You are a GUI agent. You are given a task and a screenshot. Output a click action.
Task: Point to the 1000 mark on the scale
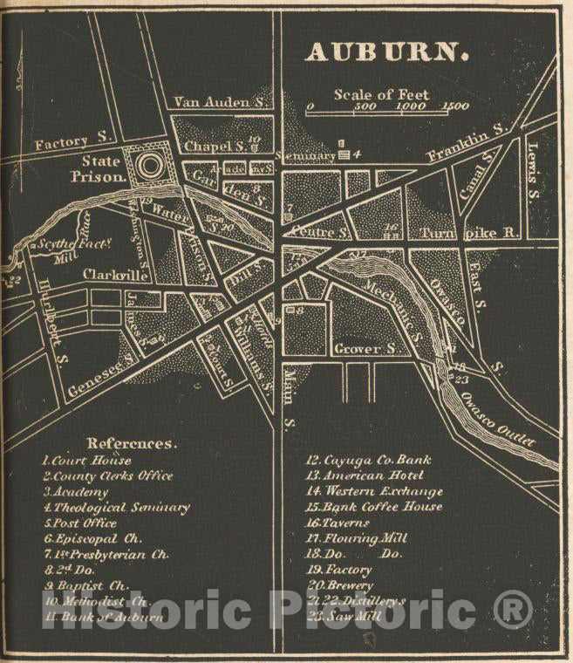pyautogui.click(x=410, y=106)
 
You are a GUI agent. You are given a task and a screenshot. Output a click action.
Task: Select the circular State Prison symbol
pyautogui.click(x=149, y=164)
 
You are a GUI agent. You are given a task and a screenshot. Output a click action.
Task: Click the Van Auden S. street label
pyautogui.click(x=220, y=102)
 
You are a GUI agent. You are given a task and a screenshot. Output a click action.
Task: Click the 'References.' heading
pyautogui.click(x=132, y=443)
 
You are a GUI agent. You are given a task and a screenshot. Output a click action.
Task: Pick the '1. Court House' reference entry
pyautogui.click(x=87, y=460)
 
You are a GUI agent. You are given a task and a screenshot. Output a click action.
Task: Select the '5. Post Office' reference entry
pyautogui.click(x=80, y=523)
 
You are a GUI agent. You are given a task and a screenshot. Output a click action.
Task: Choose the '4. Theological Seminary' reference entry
pyautogui.click(x=116, y=507)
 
